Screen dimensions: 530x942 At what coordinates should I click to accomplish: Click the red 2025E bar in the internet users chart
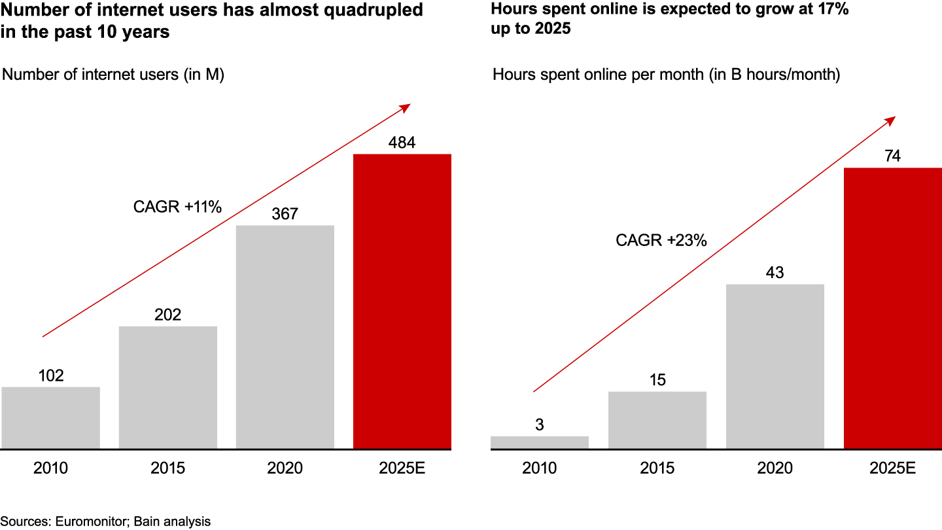tap(402, 302)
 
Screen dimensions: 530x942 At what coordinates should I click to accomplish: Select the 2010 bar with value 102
tap(50, 418)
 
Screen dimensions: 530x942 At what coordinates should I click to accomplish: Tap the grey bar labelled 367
tap(285, 337)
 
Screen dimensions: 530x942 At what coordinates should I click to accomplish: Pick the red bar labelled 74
tap(892, 308)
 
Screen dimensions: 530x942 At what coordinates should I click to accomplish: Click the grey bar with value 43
tap(775, 366)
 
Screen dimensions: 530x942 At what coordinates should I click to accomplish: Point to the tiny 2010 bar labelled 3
tap(540, 443)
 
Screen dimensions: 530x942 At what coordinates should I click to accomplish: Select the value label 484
tap(402, 143)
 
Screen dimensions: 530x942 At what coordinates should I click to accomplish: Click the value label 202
tap(168, 315)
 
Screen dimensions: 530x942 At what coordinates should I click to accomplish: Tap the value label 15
tap(657, 380)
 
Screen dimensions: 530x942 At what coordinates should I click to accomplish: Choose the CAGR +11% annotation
tap(178, 207)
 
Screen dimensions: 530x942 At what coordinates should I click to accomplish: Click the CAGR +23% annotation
tap(661, 240)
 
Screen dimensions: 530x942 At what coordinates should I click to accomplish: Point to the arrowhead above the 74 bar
tap(892, 119)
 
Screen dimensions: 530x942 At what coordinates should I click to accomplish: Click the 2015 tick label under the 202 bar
tap(168, 468)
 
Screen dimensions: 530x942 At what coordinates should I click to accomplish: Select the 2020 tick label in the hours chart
tap(775, 468)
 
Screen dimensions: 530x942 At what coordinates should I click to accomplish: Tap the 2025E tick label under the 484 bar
tap(402, 468)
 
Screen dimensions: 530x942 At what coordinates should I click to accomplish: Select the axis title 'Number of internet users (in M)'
tap(114, 75)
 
